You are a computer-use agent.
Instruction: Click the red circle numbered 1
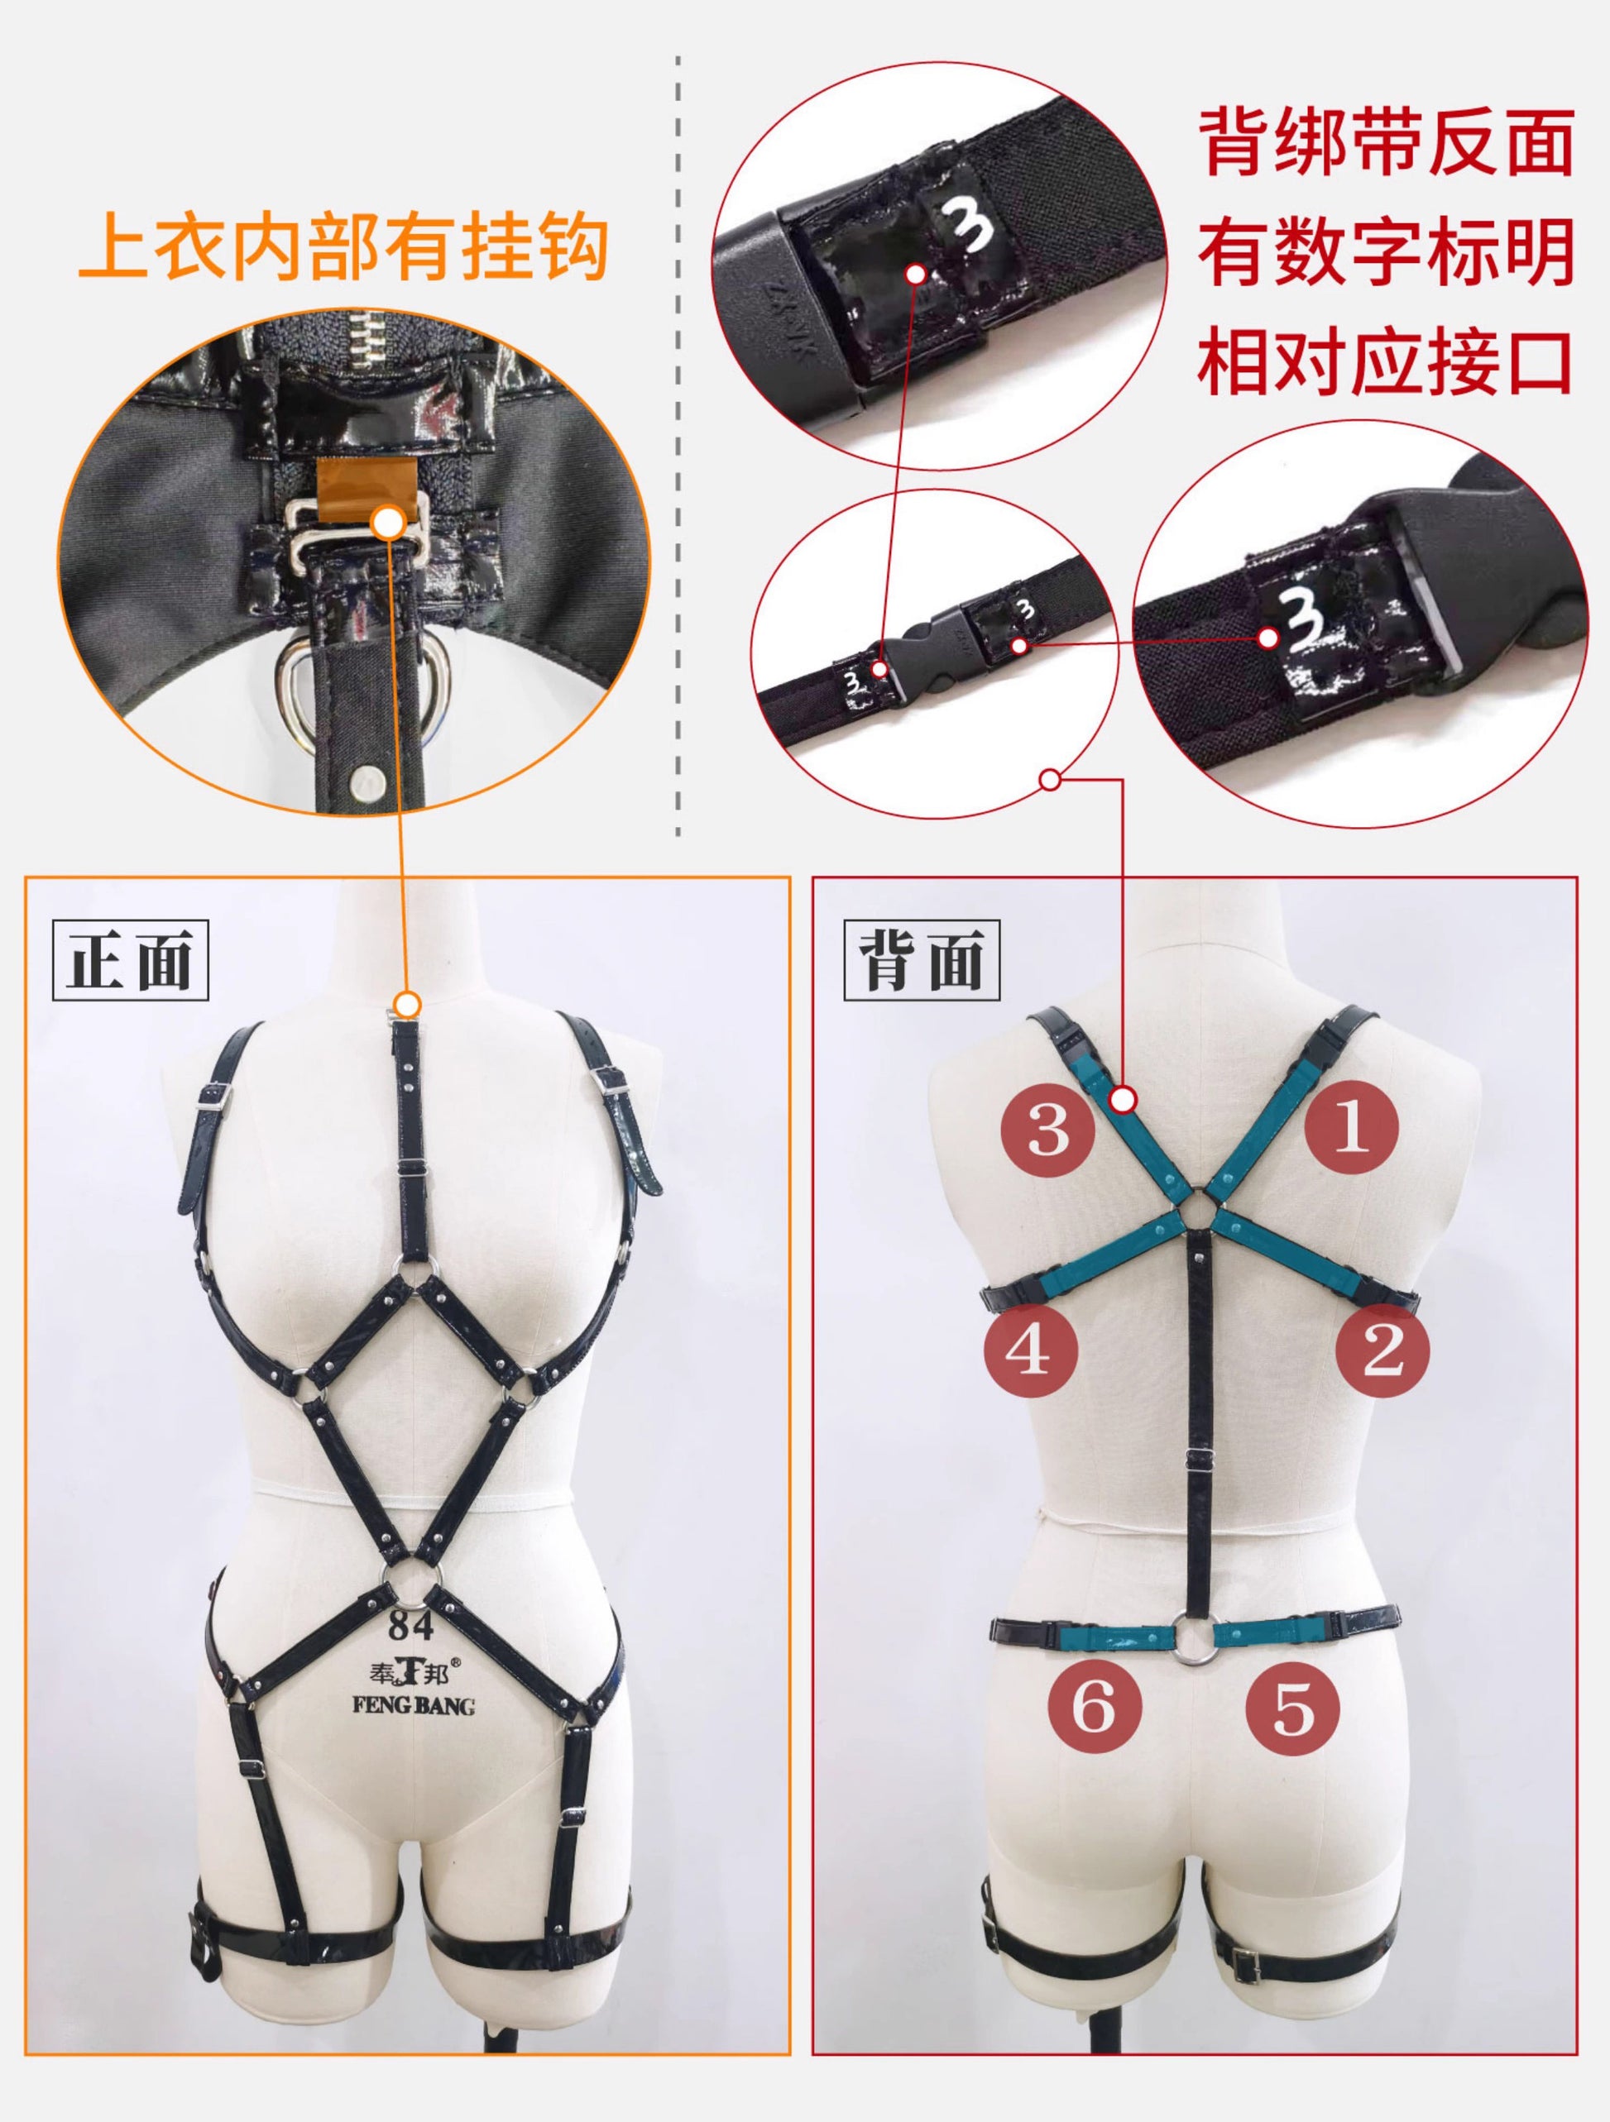pos(1351,1129)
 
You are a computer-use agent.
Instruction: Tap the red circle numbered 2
pos(1382,1350)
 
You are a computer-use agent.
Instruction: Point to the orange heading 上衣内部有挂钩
pos(343,248)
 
